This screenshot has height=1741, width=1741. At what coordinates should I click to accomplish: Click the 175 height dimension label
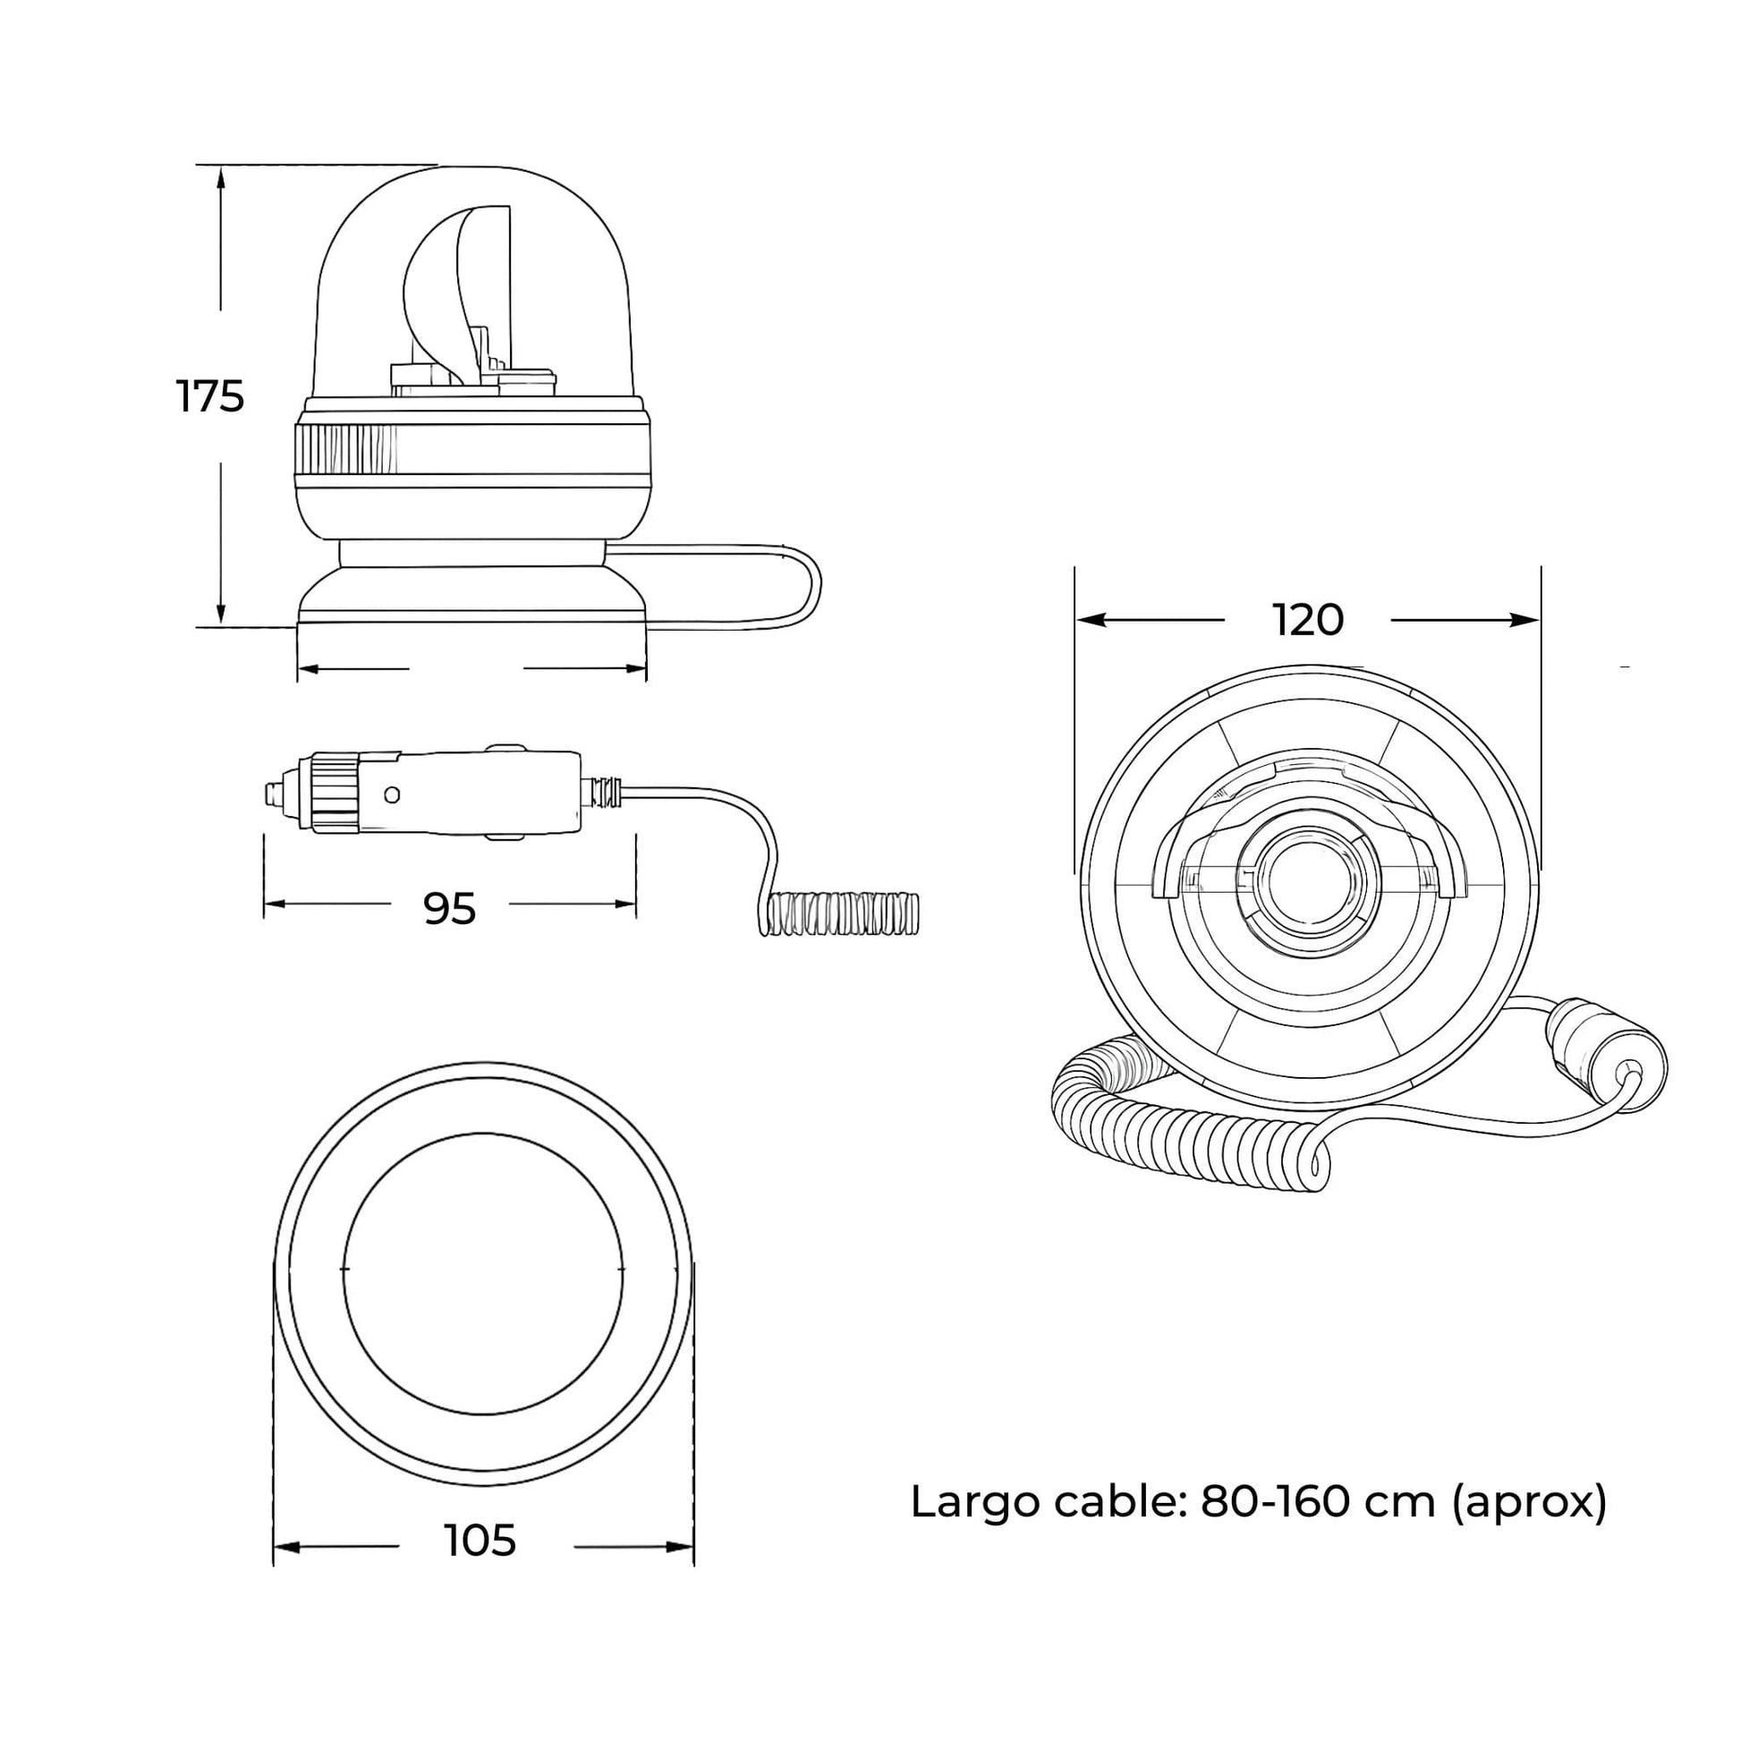(x=210, y=397)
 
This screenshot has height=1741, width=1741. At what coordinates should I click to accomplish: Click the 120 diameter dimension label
(x=1308, y=620)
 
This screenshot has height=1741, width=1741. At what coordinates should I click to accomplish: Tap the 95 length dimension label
(x=449, y=909)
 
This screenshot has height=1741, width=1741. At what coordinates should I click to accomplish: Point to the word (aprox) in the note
(x=1530, y=1501)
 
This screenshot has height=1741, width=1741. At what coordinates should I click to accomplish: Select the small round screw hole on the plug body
(x=391, y=794)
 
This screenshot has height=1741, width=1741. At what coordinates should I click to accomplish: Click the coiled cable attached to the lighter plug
(x=843, y=913)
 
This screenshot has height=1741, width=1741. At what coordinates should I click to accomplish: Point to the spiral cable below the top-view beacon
(x=1171, y=1135)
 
